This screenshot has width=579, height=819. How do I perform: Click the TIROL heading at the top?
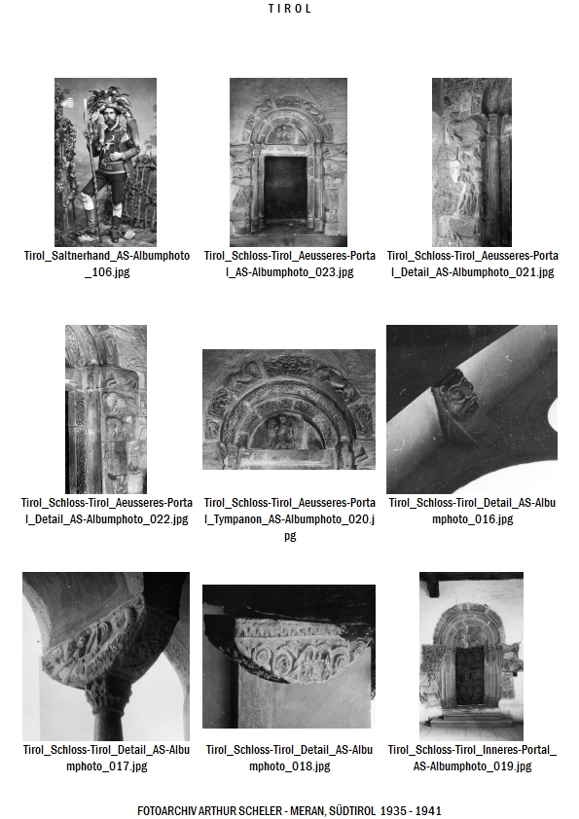coord(290,9)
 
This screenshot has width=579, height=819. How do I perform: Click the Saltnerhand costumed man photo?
coord(105,161)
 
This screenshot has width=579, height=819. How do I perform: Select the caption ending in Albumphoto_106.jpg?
coord(107,264)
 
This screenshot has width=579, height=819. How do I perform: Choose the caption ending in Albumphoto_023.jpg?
coord(290,264)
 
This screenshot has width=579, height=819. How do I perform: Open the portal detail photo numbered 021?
coord(472,161)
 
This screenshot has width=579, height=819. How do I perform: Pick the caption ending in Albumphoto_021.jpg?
coord(472,264)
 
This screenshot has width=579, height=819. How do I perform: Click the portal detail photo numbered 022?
coord(105,409)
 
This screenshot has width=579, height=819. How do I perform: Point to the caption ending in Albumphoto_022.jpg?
coord(107,511)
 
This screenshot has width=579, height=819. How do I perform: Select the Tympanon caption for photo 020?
coord(290,518)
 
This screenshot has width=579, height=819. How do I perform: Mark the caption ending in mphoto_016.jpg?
coord(472,511)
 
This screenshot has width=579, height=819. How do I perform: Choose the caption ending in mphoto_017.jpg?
coord(107,758)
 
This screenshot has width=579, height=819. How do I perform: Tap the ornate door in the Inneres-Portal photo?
coord(469,676)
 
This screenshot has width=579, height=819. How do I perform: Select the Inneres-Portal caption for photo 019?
coord(472,758)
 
